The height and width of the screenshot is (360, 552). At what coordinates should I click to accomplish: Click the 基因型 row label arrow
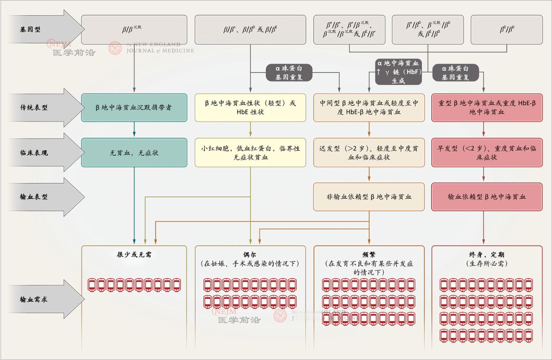(41, 29)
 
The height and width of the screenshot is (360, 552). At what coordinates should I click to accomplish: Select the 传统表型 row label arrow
(41, 107)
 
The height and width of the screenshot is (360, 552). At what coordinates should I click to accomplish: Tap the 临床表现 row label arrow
(41, 153)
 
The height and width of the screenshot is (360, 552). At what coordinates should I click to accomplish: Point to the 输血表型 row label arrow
(41, 197)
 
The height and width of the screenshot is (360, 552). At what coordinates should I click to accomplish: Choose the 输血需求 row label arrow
(41, 299)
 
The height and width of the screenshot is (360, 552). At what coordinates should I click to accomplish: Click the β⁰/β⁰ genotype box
(506, 29)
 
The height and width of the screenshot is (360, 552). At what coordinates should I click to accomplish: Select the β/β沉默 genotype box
(134, 29)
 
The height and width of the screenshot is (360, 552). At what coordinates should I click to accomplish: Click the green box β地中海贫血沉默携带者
(134, 107)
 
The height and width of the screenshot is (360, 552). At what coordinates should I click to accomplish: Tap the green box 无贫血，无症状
(134, 153)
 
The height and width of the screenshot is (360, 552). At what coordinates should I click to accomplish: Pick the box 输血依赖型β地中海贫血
(487, 197)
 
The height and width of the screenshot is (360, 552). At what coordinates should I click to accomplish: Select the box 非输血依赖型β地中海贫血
(369, 197)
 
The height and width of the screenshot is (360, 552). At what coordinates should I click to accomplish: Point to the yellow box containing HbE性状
(251, 107)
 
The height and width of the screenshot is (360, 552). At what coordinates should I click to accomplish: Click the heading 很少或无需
(134, 254)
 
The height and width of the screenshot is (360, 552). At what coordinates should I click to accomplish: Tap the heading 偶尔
(251, 254)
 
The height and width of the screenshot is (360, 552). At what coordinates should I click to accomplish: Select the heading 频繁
(369, 254)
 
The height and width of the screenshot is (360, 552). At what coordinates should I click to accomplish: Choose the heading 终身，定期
(487, 254)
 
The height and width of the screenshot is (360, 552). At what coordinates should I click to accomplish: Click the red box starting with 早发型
(487, 153)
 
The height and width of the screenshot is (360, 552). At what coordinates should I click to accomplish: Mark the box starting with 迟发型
(369, 153)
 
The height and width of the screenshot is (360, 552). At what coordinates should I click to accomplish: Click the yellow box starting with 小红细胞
(251, 153)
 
